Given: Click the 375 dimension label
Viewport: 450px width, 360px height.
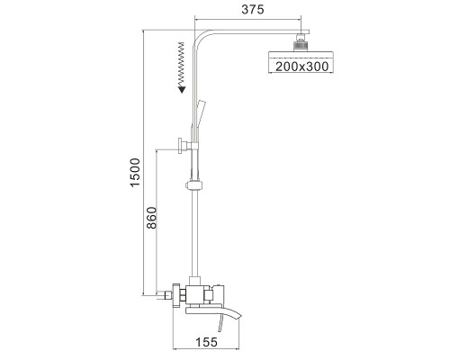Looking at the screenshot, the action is tap(253, 9).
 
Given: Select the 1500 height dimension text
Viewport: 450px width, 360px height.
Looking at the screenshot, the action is tap(135, 172).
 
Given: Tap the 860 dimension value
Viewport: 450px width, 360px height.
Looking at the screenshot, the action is tap(152, 218).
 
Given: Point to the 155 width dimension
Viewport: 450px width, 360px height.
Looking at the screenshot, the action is tap(206, 342).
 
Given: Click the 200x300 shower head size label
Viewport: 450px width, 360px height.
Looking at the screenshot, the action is tap(301, 67).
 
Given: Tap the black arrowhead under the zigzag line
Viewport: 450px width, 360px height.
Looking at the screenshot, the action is tap(182, 89).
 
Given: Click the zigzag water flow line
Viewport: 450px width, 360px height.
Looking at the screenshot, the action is tap(181, 64).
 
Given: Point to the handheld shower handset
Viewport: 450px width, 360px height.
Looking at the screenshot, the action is tap(198, 120).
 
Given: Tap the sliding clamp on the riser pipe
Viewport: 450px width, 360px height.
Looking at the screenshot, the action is tap(194, 185).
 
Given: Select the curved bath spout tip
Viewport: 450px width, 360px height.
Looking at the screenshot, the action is tap(236, 316).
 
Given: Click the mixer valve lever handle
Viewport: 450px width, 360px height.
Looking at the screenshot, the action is tap(218, 293).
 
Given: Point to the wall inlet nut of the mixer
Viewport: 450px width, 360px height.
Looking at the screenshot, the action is tap(176, 295).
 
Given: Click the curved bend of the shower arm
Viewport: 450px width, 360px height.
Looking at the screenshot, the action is tap(201, 37).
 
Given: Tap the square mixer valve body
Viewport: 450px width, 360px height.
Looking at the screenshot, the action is tap(195, 294).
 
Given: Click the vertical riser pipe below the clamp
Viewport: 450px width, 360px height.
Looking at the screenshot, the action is tap(195, 233).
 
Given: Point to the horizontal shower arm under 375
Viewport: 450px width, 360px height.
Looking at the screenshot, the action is tap(258, 31).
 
